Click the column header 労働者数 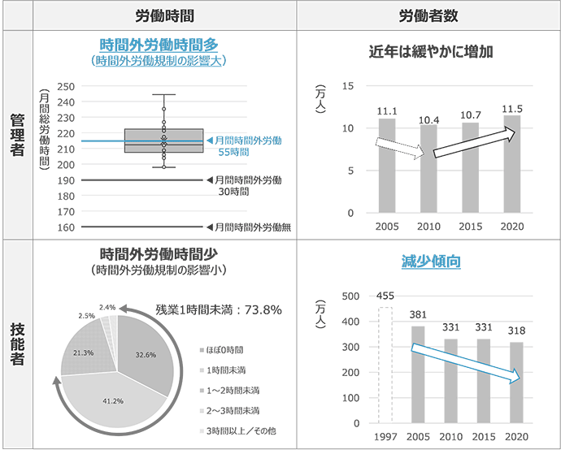pyautogui.click(x=428, y=15)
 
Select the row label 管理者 pyautogui.click(x=16, y=134)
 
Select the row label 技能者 pyautogui.click(x=16, y=344)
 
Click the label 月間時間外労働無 pyautogui.click(x=249, y=227)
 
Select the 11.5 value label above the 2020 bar pyautogui.click(x=512, y=108)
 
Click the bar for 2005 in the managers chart pyautogui.click(x=387, y=166)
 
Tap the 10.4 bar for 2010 pyautogui.click(x=428, y=169)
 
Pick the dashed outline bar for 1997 pyautogui.click(x=385, y=365)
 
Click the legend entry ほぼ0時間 pyautogui.click(x=224, y=351)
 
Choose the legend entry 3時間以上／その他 pyautogui.click(x=238, y=430)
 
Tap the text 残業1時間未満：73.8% pyautogui.click(x=218, y=309)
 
